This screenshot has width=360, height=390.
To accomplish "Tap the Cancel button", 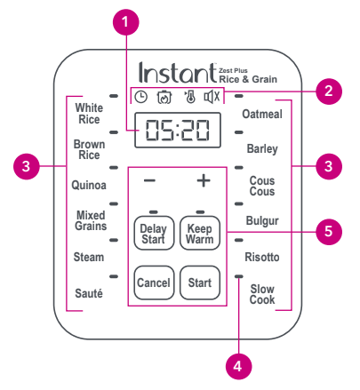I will point(153,283).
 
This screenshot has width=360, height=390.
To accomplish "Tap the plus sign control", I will point(203,181).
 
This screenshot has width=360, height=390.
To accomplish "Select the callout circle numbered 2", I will point(328,90).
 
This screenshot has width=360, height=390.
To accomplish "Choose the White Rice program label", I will point(90,113).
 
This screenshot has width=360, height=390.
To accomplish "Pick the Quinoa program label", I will point(90,186).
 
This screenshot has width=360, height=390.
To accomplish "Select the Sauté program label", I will point(90,292).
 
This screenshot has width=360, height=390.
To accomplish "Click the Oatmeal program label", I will point(262,114).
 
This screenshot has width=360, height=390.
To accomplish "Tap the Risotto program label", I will point(262,257).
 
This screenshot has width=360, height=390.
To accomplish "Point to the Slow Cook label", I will point(262,294).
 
